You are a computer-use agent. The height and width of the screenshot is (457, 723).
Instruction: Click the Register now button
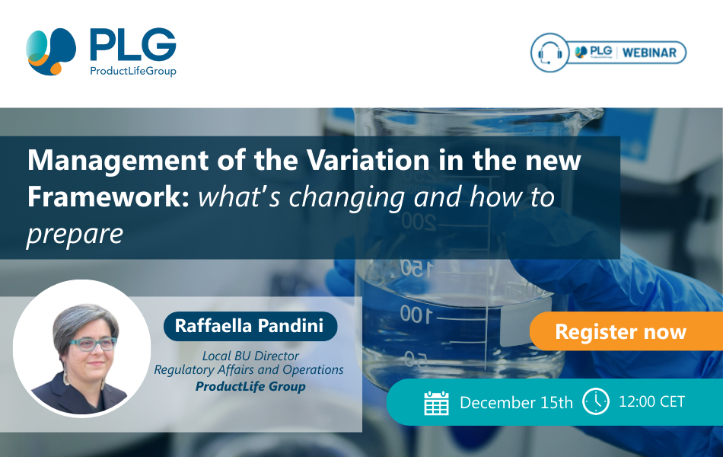coord(620,332)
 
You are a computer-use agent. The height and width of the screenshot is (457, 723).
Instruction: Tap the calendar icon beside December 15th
coord(436,402)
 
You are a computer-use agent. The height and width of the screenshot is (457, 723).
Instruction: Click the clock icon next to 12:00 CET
coord(595,401)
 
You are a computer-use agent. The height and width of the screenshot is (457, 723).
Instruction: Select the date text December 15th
coord(516,402)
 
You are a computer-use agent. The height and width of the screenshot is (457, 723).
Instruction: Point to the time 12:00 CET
coord(652,401)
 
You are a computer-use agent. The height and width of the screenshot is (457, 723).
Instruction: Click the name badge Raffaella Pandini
coord(250,326)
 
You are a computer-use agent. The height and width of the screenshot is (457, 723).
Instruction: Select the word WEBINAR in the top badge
coord(650,53)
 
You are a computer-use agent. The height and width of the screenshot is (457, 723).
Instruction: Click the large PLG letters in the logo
coord(132,46)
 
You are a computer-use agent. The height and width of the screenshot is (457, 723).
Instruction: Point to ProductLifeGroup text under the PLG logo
coord(132,71)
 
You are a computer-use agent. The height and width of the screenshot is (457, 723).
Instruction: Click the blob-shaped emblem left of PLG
coord(51,51)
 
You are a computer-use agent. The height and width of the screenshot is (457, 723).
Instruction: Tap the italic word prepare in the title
coord(75,234)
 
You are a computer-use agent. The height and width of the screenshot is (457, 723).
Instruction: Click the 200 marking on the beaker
coord(416,221)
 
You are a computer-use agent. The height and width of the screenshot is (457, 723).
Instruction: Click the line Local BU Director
coord(250,356)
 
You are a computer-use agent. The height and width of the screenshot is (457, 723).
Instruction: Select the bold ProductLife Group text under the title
coord(250,386)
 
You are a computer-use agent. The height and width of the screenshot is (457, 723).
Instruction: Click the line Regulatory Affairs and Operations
coord(249,370)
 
